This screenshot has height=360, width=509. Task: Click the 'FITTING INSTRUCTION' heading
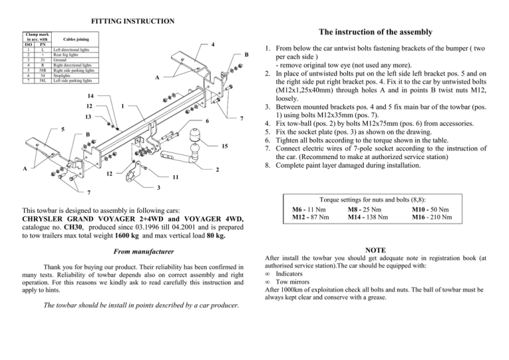click(133, 21)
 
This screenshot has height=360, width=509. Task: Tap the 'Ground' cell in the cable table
click(60, 58)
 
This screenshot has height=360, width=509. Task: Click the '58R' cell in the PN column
click(42, 70)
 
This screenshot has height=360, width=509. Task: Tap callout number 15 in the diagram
click(226, 147)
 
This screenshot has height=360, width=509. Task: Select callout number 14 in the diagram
click(88, 96)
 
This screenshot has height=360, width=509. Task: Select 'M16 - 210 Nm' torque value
click(432, 217)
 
